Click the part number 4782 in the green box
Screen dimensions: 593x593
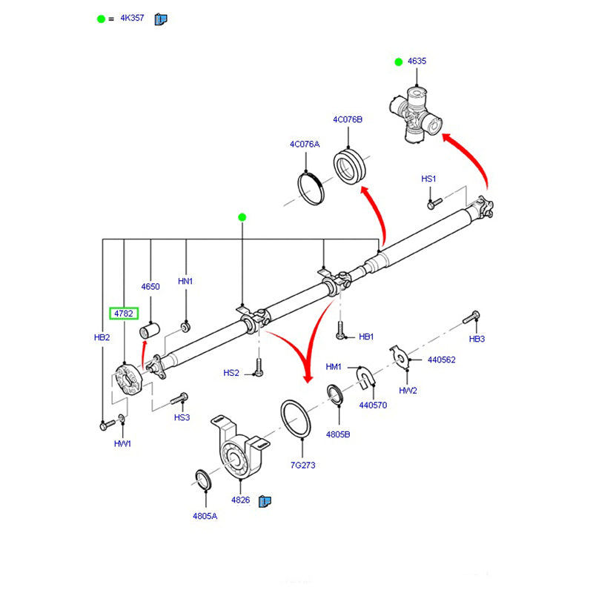pyautogui.click(x=123, y=314)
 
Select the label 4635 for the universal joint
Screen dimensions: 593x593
pyautogui.click(x=417, y=62)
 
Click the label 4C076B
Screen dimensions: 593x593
pyautogui.click(x=347, y=119)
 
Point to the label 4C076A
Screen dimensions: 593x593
pyautogui.click(x=304, y=145)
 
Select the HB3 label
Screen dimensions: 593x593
pyautogui.click(x=477, y=339)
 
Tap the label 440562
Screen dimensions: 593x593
pyautogui.click(x=441, y=360)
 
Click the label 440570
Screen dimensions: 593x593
pyautogui.click(x=374, y=405)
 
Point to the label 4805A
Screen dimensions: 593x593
pyautogui.click(x=205, y=516)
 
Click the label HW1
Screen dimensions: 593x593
pyautogui.click(x=122, y=443)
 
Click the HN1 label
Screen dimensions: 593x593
pyautogui.click(x=185, y=282)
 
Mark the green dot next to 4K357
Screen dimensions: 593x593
pyautogui.click(x=102, y=19)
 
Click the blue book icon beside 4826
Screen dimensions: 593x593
pyautogui.click(x=264, y=501)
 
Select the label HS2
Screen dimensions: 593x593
pyautogui.click(x=232, y=373)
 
